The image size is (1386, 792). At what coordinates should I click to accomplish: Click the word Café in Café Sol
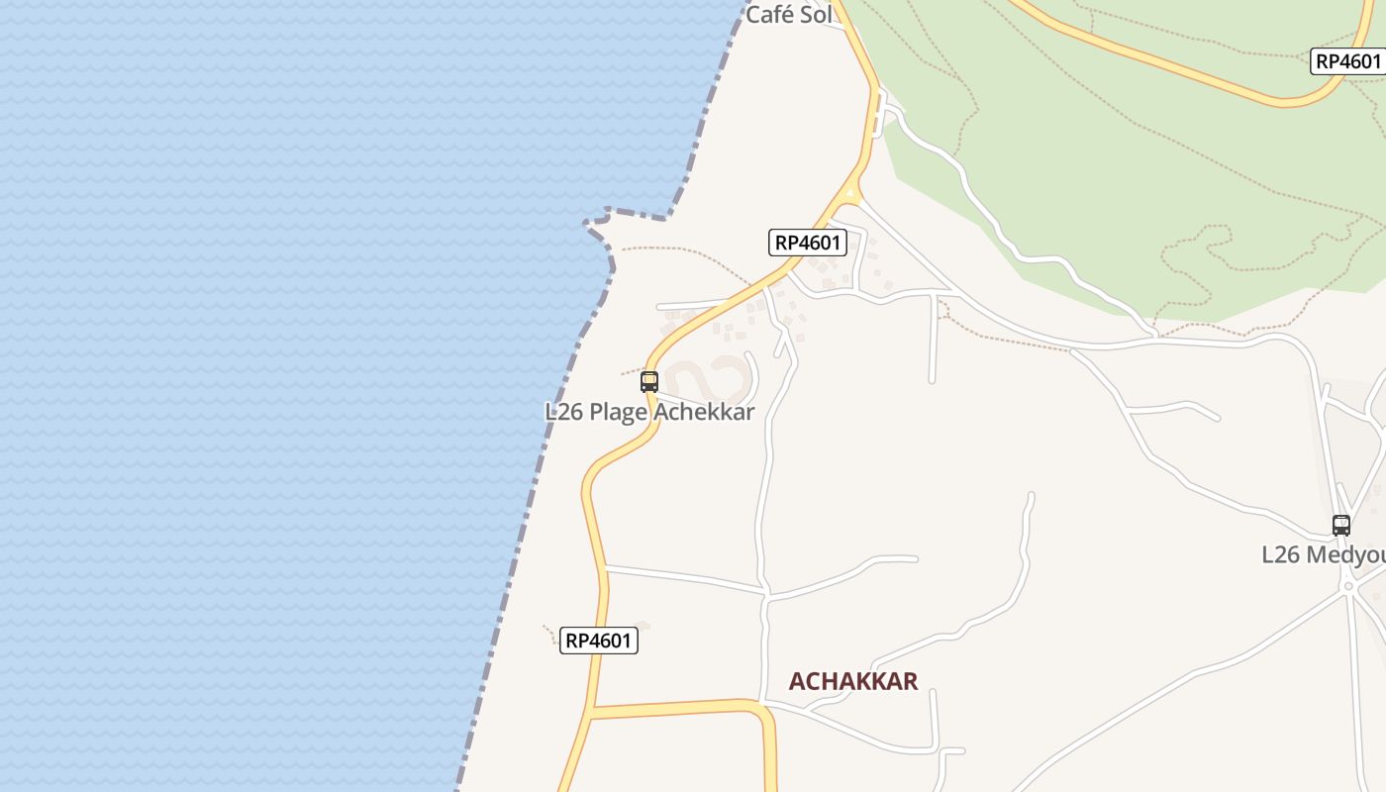point(769,15)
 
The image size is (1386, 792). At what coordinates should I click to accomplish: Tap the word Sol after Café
point(815,15)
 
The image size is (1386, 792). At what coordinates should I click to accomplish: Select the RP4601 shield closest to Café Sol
point(808,243)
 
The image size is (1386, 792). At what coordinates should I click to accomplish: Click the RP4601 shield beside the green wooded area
point(1347,61)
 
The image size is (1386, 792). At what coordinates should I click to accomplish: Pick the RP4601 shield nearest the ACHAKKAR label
point(599,641)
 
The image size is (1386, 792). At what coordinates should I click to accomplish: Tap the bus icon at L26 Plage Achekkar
point(649,381)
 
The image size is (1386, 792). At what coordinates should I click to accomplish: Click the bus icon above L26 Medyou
point(1341,526)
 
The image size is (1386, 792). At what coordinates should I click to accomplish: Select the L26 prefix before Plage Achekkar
point(563,412)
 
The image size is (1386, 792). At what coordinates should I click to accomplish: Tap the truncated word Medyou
point(1347,555)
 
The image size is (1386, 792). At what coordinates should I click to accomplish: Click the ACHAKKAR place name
point(853,681)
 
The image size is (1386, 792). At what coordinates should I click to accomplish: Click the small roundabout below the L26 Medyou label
point(1347,586)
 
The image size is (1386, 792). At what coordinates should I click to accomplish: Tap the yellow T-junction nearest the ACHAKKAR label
point(592,711)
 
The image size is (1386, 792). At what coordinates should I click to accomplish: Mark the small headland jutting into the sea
point(602,226)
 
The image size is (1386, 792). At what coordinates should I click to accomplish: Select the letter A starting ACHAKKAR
point(797,681)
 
